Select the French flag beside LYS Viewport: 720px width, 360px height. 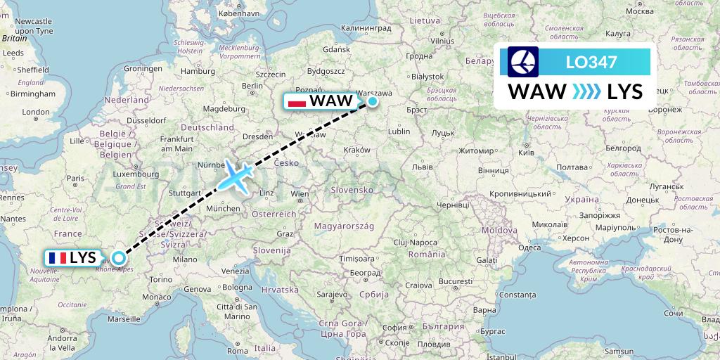coord(58,258)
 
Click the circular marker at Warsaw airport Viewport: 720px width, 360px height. coord(372,101)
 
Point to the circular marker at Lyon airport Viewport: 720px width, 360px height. coord(119,258)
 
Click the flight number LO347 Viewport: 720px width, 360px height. coord(591,62)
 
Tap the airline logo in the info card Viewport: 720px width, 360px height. coord(522,62)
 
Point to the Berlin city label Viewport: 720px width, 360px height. coord(252,86)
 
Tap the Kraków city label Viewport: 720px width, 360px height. coord(357,150)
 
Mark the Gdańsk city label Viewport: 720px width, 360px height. coord(337,49)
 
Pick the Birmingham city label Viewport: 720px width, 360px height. coord(28,94)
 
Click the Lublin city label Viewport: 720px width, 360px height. coord(398,131)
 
